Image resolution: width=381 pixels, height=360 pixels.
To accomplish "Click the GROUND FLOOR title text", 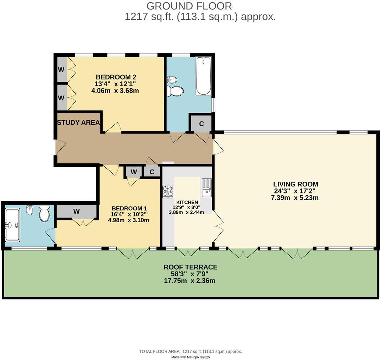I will (x=189, y=6).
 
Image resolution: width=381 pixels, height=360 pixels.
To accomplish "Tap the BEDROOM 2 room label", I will (x=116, y=77).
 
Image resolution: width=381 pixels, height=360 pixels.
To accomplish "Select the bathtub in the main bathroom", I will (x=203, y=76).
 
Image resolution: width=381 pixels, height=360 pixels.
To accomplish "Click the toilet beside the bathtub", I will (x=175, y=91).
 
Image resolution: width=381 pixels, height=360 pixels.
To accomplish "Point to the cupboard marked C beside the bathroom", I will (x=201, y=124).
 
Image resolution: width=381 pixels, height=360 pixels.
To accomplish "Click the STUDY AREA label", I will (x=78, y=123).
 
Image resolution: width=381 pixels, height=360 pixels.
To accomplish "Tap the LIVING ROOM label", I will (x=296, y=184).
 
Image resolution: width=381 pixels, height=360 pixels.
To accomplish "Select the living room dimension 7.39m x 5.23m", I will (x=296, y=198).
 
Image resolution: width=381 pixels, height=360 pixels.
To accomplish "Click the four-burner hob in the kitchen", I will (x=168, y=191).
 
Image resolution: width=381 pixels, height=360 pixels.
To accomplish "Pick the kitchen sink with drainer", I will (x=207, y=188).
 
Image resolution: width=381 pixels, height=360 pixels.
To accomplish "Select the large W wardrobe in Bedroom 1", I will (x=76, y=212).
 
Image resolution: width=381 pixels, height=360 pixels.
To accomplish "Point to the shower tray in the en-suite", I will (x=12, y=225).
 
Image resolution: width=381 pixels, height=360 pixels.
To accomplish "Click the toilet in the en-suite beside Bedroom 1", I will (x=44, y=214).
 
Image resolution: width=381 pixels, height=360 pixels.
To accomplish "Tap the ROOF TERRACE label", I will (x=190, y=267).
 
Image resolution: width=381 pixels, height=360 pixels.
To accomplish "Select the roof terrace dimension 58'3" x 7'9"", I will (x=190, y=274).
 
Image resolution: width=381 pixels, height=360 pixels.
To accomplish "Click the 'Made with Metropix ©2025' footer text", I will (x=190, y=357).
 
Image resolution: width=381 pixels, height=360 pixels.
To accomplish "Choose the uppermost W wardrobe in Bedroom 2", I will (x=61, y=69).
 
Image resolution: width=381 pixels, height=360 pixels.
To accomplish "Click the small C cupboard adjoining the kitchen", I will (x=152, y=172).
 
